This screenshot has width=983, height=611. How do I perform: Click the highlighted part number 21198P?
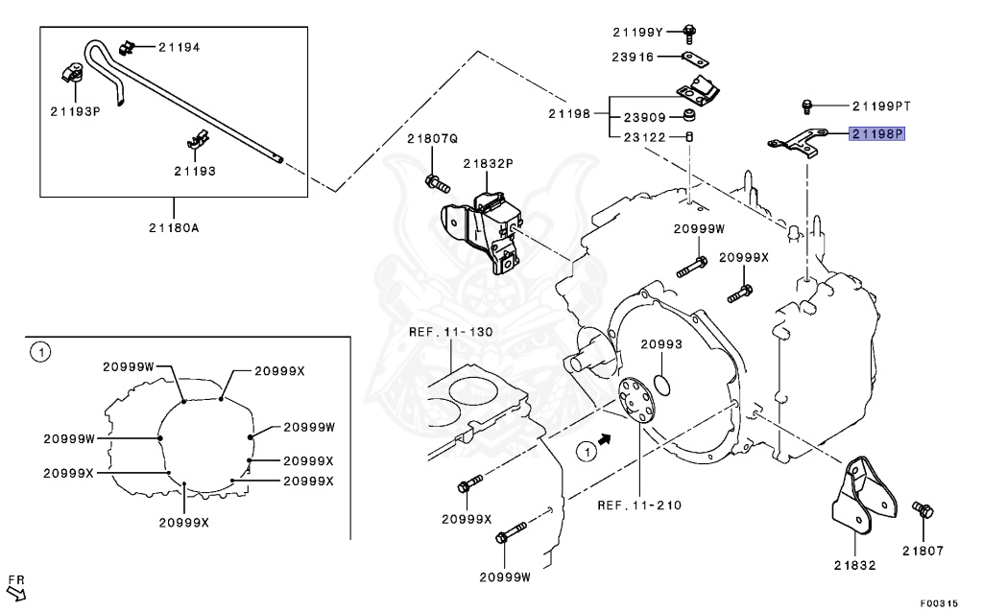876,134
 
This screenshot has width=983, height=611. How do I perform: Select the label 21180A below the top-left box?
174,227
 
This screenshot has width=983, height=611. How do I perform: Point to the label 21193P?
75,111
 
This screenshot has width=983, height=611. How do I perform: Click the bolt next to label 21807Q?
434,180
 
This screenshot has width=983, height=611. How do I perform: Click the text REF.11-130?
450,332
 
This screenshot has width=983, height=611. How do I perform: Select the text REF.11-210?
638,505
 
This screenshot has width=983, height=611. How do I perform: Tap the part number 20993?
661,343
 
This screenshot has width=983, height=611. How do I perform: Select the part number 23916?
633,58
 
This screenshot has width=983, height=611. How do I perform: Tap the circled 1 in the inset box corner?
38,352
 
